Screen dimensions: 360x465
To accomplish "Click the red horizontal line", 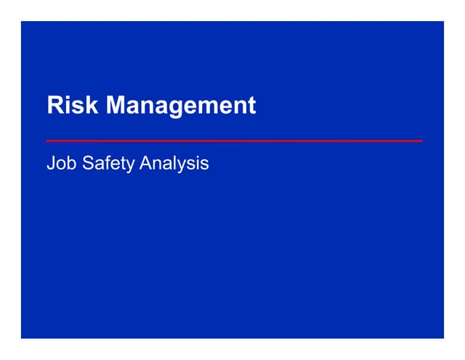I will tap(234, 140).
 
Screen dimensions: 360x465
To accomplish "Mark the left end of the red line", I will tap(47, 140).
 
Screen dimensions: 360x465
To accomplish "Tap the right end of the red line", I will tap(421, 140).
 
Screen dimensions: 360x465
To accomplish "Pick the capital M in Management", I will tap(116, 105).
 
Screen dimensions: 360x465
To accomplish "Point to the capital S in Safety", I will tap(89, 164).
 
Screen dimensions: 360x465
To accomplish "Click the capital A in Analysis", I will tap(146, 164).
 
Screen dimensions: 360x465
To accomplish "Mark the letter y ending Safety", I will tap(131, 165).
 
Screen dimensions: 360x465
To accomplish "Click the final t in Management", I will tap(252, 106).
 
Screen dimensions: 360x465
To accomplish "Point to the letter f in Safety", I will tap(108, 163).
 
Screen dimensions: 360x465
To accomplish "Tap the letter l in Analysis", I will tap(177, 164).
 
